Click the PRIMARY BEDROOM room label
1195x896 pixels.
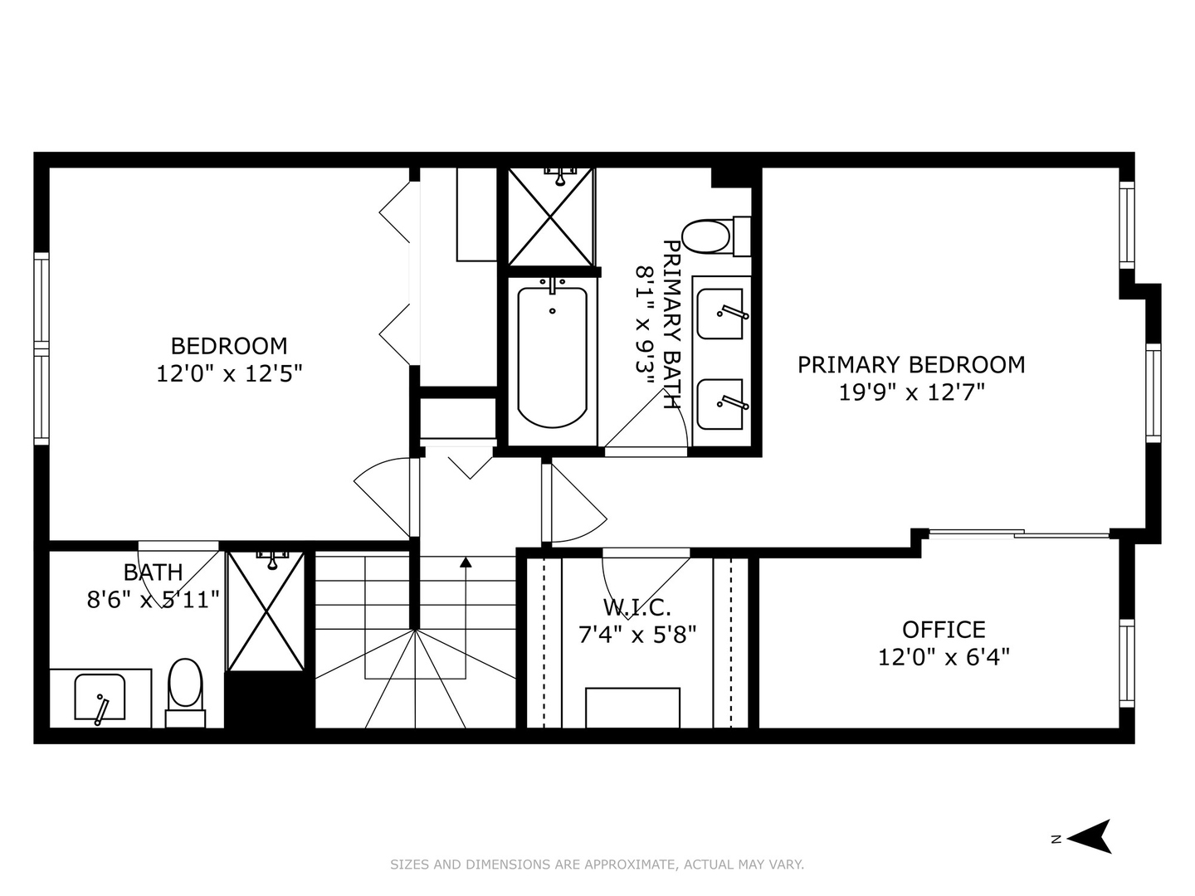[x=911, y=365]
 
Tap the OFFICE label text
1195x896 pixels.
[x=944, y=630]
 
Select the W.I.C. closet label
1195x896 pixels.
[x=637, y=607]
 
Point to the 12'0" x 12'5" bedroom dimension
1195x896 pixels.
[x=228, y=373]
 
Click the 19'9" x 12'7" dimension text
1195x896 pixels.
[x=911, y=392]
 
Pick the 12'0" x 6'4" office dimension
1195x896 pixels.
[x=944, y=657]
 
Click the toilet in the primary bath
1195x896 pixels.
[x=707, y=237]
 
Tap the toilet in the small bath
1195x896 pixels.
[x=185, y=685]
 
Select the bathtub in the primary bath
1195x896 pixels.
[x=553, y=357]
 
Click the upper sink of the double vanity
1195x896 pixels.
[x=719, y=314]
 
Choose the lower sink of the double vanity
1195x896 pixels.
[x=719, y=404]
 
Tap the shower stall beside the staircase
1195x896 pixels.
[x=266, y=611]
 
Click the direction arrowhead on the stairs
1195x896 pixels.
[x=466, y=562]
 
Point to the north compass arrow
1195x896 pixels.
[x=1090, y=836]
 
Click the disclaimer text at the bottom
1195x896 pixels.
[x=597, y=864]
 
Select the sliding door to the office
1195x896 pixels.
[x=1019, y=533]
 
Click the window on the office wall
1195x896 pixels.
[x=1126, y=662]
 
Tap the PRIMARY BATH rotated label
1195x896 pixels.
[x=671, y=324]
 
